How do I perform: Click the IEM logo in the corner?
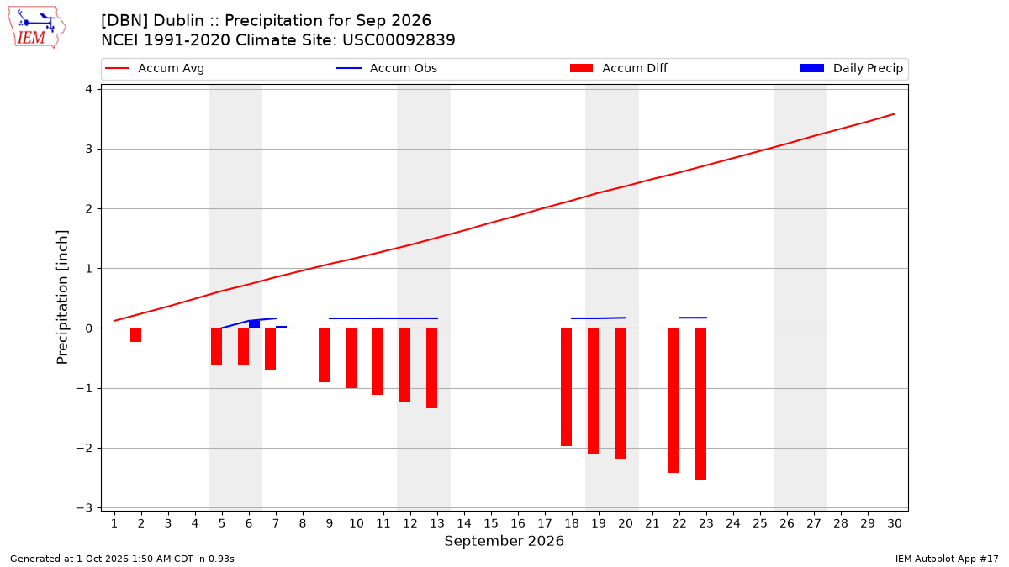[x=37, y=27]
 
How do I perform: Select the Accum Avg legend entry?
[x=155, y=68]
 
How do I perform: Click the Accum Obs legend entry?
[x=387, y=68]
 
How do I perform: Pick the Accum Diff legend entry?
[x=619, y=68]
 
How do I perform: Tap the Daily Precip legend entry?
[x=851, y=68]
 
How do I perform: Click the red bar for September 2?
[x=135, y=335]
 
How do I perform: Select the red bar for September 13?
[x=431, y=368]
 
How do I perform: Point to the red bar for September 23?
[x=700, y=404]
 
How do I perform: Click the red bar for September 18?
[x=566, y=387]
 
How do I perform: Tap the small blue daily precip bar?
[x=254, y=324]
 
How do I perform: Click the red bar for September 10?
[x=351, y=358]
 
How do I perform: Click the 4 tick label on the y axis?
[x=89, y=89]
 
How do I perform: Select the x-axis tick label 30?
[x=895, y=523]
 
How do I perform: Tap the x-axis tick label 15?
[x=491, y=523]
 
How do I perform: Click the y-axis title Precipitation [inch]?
[x=62, y=297]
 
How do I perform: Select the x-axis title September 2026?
[x=504, y=541]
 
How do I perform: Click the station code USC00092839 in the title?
[x=399, y=40]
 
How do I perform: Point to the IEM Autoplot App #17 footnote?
[x=947, y=559]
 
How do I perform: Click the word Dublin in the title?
[x=178, y=21]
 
